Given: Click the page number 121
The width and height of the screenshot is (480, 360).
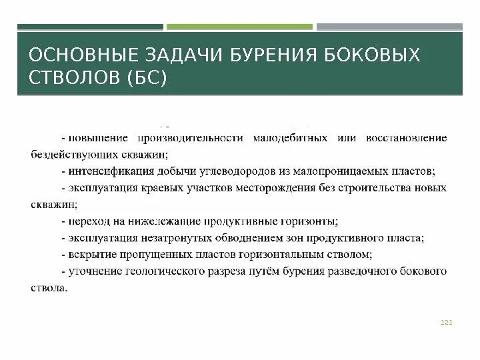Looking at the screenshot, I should point(447,323).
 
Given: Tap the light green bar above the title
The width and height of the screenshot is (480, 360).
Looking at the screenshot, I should point(239,27).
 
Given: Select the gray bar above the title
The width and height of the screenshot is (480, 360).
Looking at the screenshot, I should point(389,27).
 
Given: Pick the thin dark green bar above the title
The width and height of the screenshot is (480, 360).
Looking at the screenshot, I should point(89,27).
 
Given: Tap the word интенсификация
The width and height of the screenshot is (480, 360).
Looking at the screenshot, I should point(103,171).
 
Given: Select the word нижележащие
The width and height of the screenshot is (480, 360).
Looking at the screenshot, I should point(139,221).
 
